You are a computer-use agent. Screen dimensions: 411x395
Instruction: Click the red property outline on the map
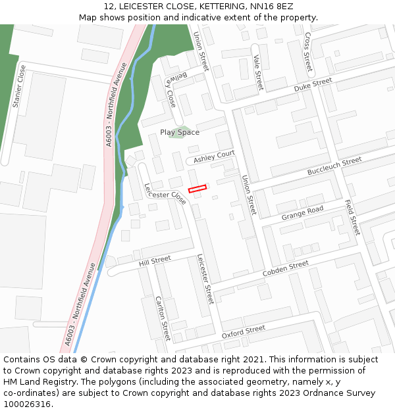(197, 189)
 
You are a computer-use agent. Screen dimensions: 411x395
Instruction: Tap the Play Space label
(179, 132)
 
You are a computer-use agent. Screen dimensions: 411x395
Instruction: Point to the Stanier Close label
(19, 86)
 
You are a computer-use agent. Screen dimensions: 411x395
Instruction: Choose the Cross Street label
(307, 52)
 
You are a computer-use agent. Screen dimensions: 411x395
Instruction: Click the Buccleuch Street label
(334, 166)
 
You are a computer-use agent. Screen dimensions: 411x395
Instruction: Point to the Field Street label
(353, 217)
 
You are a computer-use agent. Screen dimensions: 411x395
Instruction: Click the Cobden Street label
(285, 268)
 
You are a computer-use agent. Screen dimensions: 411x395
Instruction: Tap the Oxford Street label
(243, 331)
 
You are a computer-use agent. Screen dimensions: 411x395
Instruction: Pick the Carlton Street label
(163, 318)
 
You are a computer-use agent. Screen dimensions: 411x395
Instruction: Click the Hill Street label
(155, 261)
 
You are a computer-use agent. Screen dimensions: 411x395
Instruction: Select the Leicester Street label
(205, 279)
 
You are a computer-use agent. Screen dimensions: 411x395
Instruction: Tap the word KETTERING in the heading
(206, 7)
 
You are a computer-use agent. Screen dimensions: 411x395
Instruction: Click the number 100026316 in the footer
(26, 404)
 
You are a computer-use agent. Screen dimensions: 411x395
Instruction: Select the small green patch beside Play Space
(185, 132)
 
